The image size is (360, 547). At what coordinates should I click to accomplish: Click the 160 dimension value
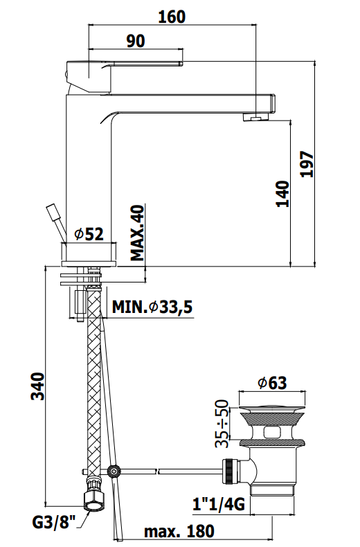click(172, 17)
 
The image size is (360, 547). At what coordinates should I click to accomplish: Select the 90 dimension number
click(136, 41)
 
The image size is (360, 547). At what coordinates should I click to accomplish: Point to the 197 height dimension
click(307, 164)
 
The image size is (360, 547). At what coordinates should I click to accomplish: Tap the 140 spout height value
click(283, 194)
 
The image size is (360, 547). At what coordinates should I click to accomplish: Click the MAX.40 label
click(137, 233)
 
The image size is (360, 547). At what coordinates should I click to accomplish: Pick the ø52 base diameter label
click(89, 235)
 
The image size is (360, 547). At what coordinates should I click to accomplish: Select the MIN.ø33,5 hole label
click(152, 307)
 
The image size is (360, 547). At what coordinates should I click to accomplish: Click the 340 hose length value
click(38, 386)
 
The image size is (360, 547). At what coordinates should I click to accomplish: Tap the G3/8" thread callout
click(53, 523)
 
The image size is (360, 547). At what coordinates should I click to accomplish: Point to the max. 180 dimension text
click(179, 532)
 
